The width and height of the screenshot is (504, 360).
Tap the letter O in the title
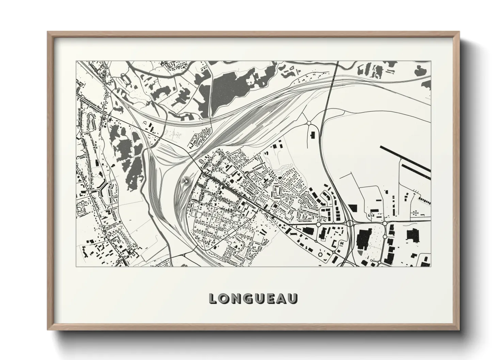click(x=225, y=298)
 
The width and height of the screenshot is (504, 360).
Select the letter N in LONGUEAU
click(x=238, y=298)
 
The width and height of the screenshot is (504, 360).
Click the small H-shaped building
click(x=334, y=244)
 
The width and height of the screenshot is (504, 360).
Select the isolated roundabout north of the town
click(x=309, y=123)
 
